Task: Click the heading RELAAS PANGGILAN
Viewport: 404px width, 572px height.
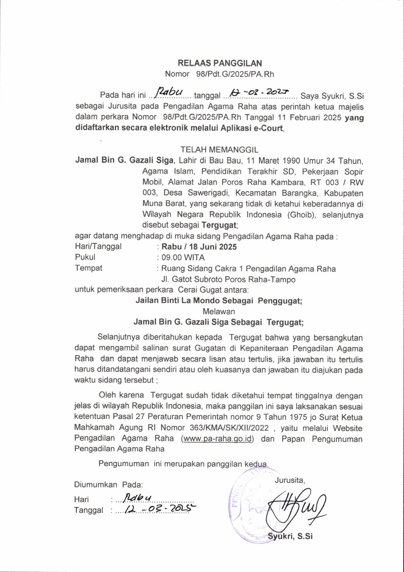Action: click(220, 63)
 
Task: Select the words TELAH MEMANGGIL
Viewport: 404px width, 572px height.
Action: click(219, 150)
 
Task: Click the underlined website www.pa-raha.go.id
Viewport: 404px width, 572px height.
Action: click(218, 438)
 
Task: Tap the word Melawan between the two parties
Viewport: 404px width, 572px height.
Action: click(219, 311)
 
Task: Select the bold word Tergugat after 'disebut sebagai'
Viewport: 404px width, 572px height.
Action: click(219, 225)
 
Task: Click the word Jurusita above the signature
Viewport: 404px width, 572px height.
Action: click(290, 480)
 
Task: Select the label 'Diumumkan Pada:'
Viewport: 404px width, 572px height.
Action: click(108, 484)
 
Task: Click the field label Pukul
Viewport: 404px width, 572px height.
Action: click(85, 257)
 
